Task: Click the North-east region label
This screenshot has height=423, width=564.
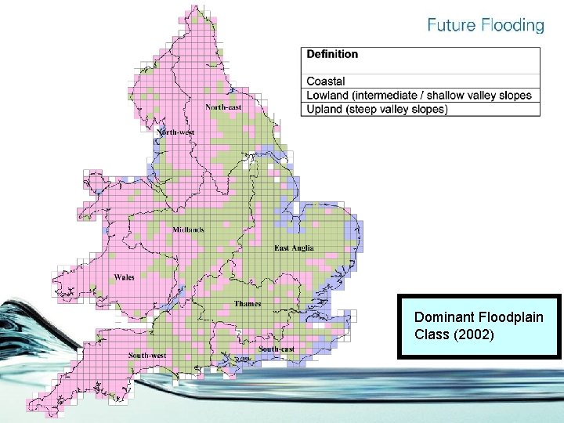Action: click(223, 107)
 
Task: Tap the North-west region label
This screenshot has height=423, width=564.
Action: click(176, 132)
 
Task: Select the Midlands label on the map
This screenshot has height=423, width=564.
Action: click(189, 230)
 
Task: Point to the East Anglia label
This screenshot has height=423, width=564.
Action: click(294, 248)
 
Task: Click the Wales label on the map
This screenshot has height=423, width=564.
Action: click(124, 277)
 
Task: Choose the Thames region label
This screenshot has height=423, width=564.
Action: click(248, 304)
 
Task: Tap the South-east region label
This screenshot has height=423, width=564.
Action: click(277, 349)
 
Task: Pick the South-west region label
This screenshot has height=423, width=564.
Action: click(148, 356)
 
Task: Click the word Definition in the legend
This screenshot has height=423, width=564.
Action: click(332, 54)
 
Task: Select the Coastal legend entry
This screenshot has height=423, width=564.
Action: click(326, 81)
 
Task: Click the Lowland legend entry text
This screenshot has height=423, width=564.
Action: click(330, 96)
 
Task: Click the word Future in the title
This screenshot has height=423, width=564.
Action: click(452, 25)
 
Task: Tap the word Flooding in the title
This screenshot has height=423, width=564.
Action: click(512, 25)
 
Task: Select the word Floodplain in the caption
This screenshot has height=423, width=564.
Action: click(511, 317)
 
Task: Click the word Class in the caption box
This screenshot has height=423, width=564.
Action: click(430, 334)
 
